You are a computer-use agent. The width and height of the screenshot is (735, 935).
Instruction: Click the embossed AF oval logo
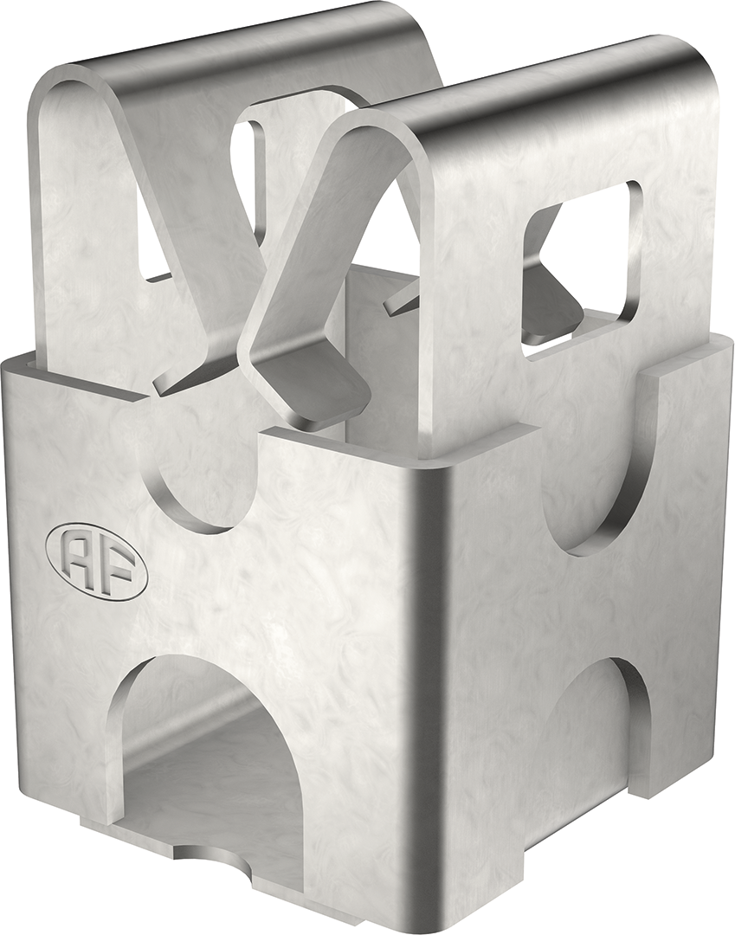(x=96, y=561)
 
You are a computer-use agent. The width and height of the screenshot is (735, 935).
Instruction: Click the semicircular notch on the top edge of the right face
(x=589, y=511)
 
